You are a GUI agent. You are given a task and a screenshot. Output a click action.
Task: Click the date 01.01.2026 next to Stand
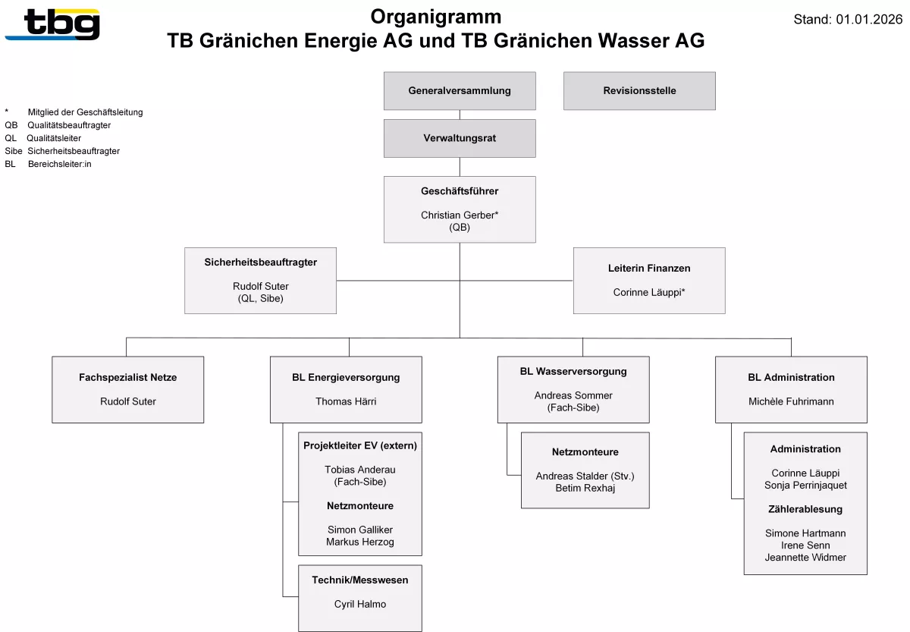tap(869, 20)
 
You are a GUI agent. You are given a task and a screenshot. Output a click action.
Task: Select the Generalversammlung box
tap(460, 91)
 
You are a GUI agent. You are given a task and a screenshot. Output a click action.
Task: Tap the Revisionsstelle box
tap(639, 91)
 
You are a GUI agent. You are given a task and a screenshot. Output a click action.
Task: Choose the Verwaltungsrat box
tap(460, 138)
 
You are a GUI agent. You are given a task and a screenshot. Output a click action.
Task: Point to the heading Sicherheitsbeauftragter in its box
tap(260, 263)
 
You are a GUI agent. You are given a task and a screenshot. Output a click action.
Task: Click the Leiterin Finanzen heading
tap(649, 269)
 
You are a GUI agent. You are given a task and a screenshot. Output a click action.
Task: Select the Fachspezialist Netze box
tap(127, 389)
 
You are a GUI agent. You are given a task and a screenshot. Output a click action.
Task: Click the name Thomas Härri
tap(346, 401)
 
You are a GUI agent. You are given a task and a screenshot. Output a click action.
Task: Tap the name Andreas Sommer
tap(573, 395)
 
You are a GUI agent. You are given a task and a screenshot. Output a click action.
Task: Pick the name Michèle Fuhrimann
tap(791, 401)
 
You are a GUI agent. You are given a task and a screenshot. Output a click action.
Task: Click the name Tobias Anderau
tap(360, 470)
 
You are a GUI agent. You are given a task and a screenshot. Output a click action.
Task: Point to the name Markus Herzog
tap(360, 542)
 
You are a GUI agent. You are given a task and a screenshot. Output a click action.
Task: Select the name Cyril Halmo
tap(360, 604)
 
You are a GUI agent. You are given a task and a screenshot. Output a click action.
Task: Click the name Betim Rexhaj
tap(585, 488)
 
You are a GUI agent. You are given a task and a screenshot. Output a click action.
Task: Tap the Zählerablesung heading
tap(805, 509)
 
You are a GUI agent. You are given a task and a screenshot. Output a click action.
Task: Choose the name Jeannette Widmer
tap(805, 557)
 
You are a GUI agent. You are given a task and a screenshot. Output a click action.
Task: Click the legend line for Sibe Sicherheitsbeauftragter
tap(62, 151)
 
